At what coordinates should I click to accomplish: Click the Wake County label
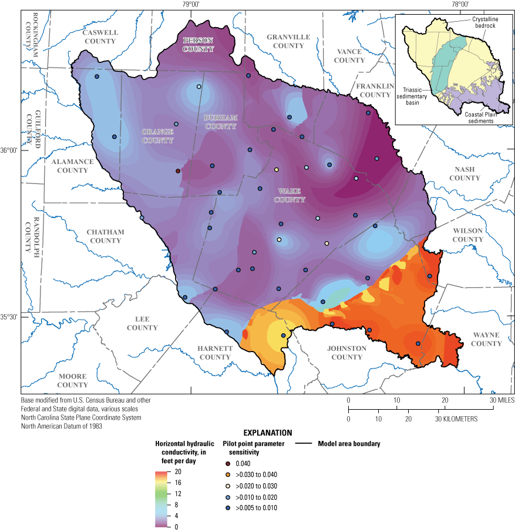click(291, 195)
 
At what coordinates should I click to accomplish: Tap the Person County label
click(197, 45)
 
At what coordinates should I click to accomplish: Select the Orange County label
click(157, 136)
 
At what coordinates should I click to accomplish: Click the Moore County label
click(72, 381)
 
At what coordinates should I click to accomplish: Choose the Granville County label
click(288, 41)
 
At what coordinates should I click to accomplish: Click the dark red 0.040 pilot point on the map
click(178, 171)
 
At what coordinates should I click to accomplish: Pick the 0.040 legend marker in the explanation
click(227, 464)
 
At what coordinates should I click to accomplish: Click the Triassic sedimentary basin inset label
click(413, 94)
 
